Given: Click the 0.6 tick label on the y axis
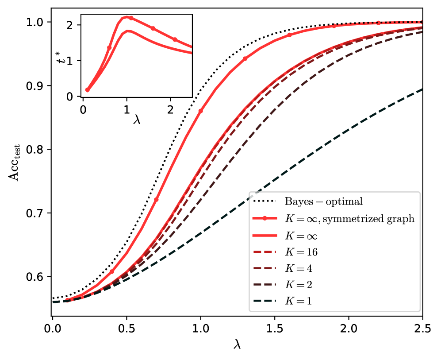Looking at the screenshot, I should [x=37, y=277].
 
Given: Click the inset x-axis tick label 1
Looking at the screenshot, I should [x=127, y=108].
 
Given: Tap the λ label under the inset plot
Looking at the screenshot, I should [x=137, y=119].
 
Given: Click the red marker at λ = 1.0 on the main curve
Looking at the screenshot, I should [x=200, y=111].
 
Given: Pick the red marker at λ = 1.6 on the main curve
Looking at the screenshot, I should [x=290, y=35].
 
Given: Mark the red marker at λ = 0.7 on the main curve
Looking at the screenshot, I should [x=156, y=200].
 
